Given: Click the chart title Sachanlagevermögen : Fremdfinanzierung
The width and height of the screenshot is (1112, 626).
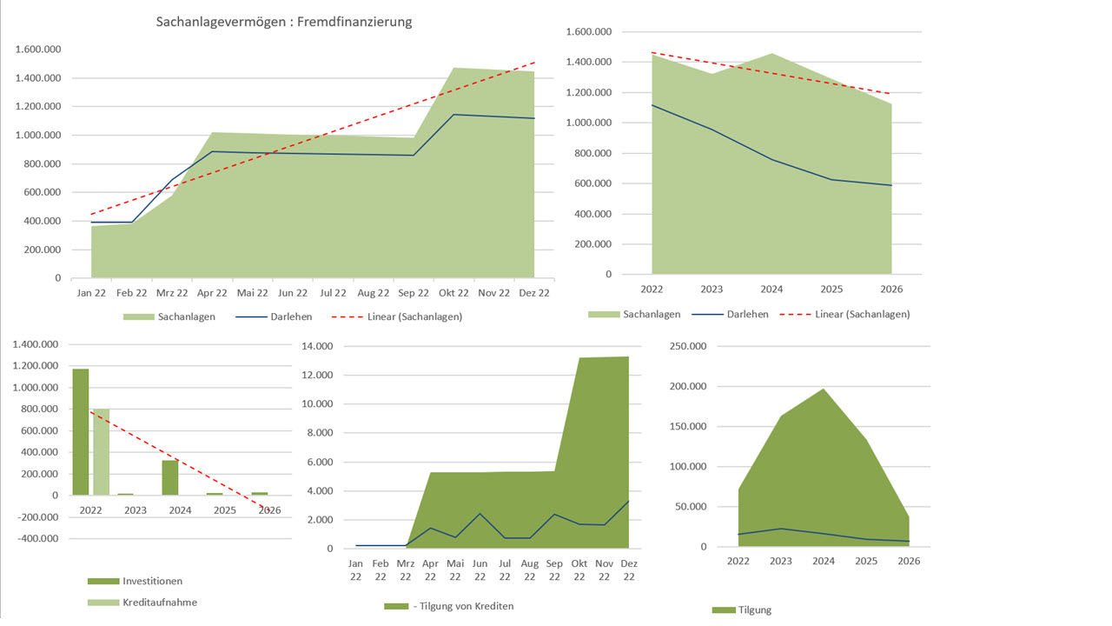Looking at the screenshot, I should click(283, 22).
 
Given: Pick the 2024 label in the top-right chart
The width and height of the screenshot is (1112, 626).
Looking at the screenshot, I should click(771, 288).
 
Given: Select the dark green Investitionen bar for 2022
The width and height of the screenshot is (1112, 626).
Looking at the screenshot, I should click(81, 432).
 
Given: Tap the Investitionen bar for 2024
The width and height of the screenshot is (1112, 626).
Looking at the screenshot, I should click(170, 477).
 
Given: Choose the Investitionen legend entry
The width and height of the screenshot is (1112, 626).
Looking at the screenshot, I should click(152, 581).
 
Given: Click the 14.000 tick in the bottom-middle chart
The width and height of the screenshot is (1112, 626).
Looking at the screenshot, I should click(317, 346).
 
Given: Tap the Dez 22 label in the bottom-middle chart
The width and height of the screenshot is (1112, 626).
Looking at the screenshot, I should click(629, 569).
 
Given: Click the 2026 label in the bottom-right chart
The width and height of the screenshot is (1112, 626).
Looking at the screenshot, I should click(908, 561).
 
